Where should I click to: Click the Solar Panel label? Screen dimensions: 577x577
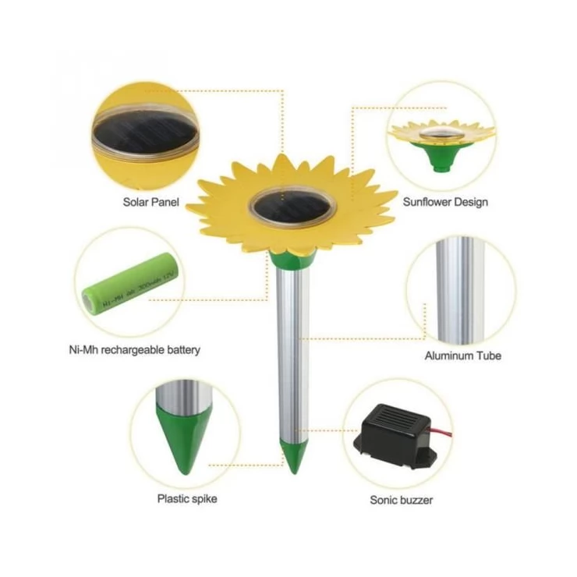pyautogui.click(x=150, y=202)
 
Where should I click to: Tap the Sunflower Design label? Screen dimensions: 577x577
pyautogui.click(x=445, y=202)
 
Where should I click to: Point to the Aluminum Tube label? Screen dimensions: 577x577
pyautogui.click(x=462, y=356)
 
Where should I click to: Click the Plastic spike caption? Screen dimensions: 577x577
pyautogui.click(x=187, y=499)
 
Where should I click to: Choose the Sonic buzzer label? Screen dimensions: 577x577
pyautogui.click(x=401, y=499)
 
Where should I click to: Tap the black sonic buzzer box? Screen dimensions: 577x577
pyautogui.click(x=397, y=437)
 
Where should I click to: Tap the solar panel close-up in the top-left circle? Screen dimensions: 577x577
pyautogui.click(x=145, y=133)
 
